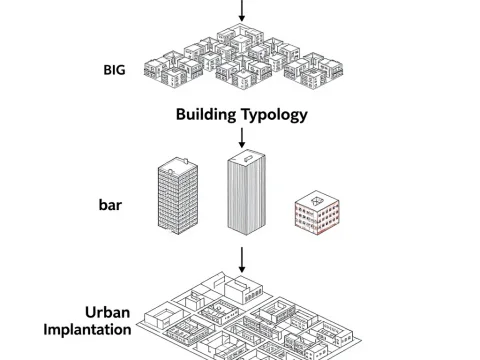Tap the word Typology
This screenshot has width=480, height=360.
tap(274, 114)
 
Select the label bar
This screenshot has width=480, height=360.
tap(110, 205)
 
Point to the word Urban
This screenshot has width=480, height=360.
tap(109, 311)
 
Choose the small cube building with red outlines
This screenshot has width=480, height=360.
tap(318, 213)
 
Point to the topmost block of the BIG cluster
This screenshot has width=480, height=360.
tap(243, 33)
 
